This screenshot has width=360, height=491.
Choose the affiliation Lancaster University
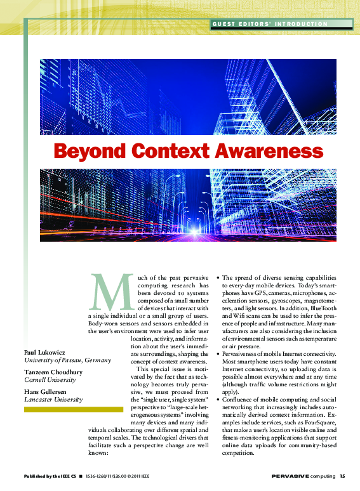pos(53,400)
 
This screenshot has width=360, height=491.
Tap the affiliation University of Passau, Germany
pos(67,360)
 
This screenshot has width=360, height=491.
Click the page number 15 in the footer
pos(342,476)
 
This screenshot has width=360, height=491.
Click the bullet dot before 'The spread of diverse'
pos(218,278)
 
